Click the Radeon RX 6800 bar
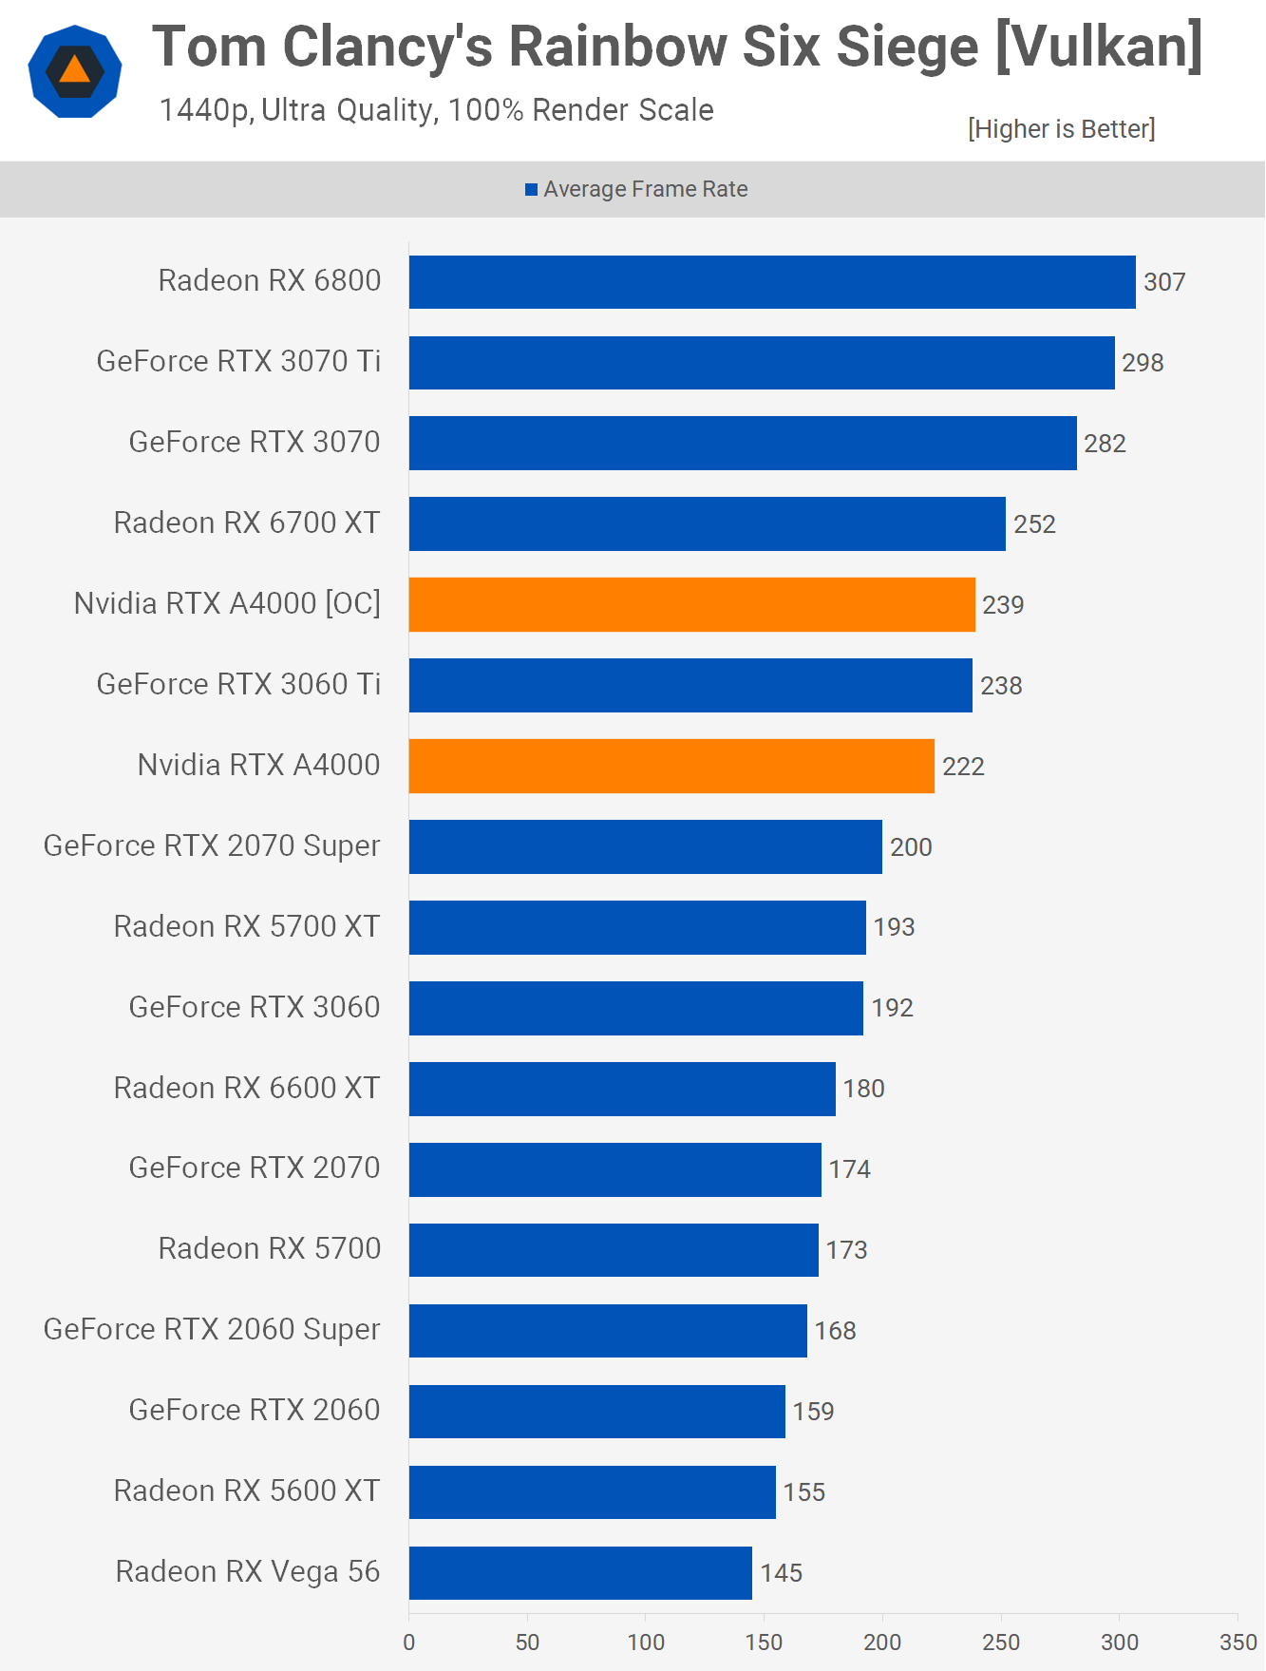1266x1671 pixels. coord(772,282)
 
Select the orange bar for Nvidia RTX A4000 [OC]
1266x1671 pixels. coord(691,604)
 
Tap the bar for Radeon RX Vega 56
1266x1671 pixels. coord(580,1572)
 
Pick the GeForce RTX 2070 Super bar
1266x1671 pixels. coord(646,846)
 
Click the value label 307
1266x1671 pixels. coord(1164,282)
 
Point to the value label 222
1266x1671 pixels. coord(963,767)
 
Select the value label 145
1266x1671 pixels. coord(782,1573)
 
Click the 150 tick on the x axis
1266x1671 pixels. coord(764,1643)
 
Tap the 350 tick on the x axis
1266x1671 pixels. coord(1238,1643)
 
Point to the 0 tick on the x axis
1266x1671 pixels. coord(409,1643)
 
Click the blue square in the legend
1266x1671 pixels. coord(532,190)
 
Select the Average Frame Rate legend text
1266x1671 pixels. coord(646,190)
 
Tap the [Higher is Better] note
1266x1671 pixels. coord(1061,129)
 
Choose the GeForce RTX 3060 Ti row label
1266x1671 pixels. coord(238,685)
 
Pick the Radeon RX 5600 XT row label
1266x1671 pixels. coord(247,1491)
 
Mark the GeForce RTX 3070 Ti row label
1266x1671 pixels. coord(238,362)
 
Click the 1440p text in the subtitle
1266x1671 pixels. coord(203,111)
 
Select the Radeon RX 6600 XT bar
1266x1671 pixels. coord(622,1089)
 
